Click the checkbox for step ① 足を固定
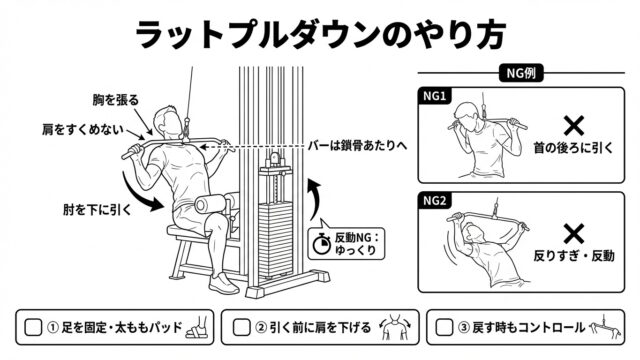tap(33, 327)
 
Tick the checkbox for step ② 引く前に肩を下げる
tap(241, 327)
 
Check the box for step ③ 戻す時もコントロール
tap(444, 327)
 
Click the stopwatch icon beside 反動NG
tap(322, 244)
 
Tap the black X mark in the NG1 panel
tap(574, 126)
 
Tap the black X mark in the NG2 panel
tap(574, 234)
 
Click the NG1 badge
tap(434, 96)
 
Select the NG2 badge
tap(434, 201)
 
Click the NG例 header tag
tap(521, 73)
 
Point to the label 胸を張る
tap(116, 100)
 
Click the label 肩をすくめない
tap(82, 130)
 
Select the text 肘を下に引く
tap(98, 210)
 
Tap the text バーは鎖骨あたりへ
tap(357, 146)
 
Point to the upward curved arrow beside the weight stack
tap(315, 199)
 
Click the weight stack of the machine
tap(276, 239)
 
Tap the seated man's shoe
tap(223, 283)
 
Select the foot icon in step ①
tap(197, 327)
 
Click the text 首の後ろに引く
tap(573, 147)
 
